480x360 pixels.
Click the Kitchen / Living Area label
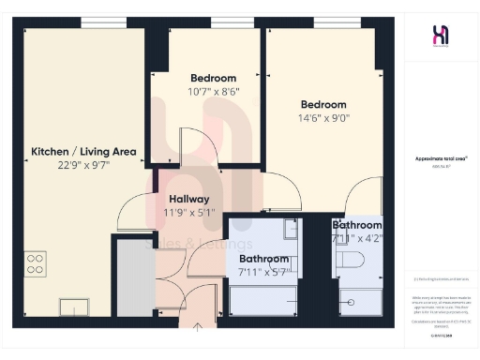point(84,151)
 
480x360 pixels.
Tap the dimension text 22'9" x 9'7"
point(84,164)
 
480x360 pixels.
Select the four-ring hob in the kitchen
point(36,264)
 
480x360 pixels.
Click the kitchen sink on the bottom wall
point(73,306)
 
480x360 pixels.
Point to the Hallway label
point(188,199)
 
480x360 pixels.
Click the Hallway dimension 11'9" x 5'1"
point(188,212)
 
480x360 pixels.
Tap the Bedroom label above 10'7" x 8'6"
point(214,78)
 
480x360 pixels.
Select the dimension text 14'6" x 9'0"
point(323,118)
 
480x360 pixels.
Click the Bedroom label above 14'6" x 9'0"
point(323,104)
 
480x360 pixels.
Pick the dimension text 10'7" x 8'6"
point(214,91)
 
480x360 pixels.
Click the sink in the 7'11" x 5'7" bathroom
point(290,229)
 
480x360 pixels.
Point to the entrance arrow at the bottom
point(199,327)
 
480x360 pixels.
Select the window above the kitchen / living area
point(104,22)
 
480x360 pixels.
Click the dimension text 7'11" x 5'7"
point(264,272)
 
